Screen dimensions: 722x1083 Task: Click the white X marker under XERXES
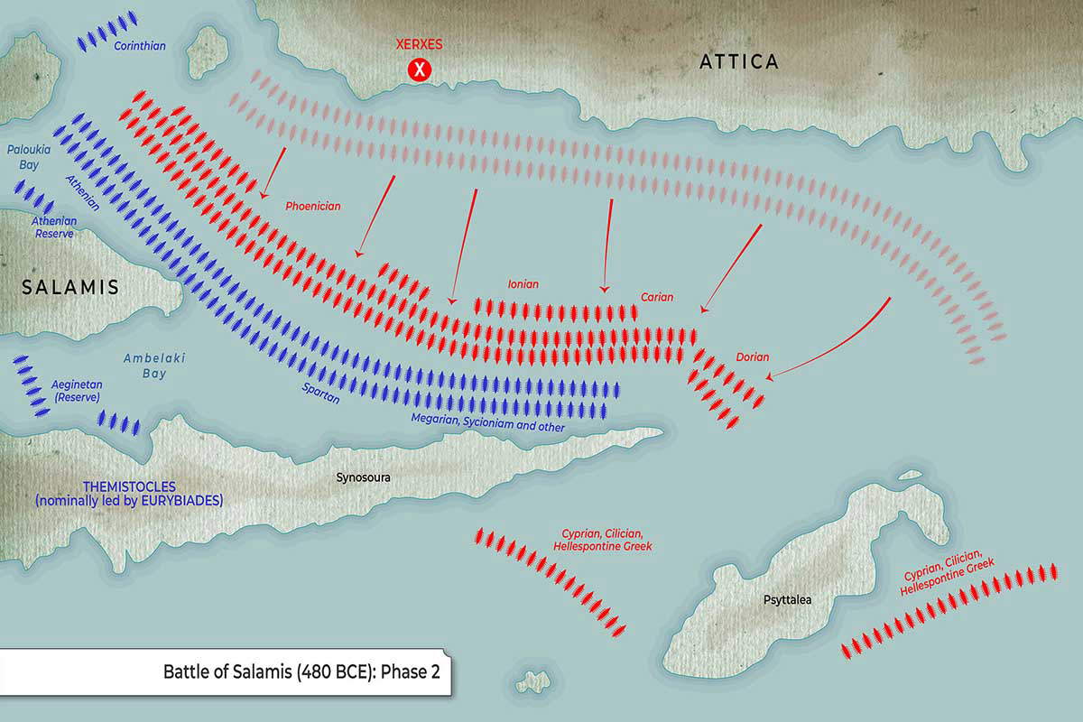418,69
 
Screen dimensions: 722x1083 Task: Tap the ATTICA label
739,61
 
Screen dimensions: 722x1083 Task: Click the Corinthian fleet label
140,45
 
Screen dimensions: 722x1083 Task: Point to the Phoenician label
313,206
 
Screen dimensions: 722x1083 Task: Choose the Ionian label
523,284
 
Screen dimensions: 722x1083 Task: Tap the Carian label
657,297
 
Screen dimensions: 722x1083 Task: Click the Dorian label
753,357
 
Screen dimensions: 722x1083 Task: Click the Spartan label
321,393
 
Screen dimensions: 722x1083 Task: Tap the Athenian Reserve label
54,227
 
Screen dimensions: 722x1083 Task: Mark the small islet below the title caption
536,680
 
